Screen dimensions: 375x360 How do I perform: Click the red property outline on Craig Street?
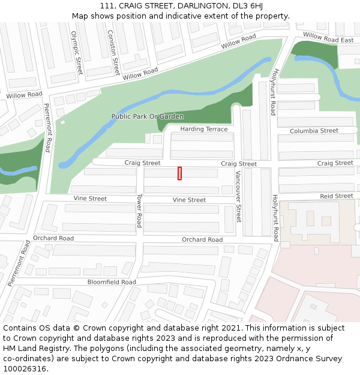pos(179,173)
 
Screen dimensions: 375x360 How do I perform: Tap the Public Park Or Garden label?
pos(148,116)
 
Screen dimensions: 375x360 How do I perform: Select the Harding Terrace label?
pos(204,129)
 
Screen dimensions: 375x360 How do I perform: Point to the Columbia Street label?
pos(314,131)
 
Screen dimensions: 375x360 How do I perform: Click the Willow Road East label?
pos(328,38)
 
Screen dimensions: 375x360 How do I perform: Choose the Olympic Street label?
pos(76,53)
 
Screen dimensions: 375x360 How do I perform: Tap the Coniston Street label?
pos(112,52)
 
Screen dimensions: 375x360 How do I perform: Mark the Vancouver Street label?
pos(238,196)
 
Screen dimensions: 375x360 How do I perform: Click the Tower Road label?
pos(139,210)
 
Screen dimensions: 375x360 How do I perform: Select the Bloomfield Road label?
pos(112,281)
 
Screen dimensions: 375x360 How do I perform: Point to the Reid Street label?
pos(336,196)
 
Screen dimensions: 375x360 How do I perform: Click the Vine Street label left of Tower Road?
pos(90,199)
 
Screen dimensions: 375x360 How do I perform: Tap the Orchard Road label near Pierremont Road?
pos(53,238)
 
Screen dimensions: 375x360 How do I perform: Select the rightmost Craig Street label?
pos(335,163)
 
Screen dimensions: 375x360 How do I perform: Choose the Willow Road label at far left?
pos(24,95)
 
